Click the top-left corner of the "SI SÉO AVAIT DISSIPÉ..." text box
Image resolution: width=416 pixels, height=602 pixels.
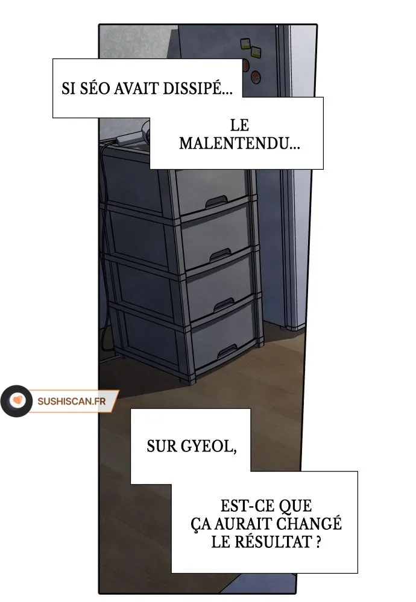point(52,59)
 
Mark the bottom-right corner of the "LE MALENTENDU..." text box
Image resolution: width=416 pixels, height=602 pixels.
point(323,169)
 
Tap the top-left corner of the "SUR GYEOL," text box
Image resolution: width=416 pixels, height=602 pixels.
point(131,409)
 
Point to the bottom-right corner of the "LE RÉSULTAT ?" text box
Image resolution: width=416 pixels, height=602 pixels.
point(358,573)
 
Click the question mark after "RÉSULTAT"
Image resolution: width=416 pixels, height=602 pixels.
point(318,542)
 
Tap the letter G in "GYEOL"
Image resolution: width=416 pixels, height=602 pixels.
point(186,446)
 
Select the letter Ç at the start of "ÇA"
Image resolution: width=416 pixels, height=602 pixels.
point(197,524)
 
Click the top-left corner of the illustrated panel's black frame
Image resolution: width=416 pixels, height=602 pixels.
point(99,24)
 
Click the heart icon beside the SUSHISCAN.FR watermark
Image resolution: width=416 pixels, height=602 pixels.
point(17,401)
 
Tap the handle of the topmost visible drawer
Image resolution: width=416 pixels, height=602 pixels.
point(216,202)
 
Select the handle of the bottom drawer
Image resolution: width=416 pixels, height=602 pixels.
point(227,350)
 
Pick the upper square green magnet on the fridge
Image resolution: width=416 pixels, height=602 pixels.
point(245,43)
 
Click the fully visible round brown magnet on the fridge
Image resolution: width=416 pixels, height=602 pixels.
point(256,77)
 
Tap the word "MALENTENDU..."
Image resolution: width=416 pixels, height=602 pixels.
point(239,144)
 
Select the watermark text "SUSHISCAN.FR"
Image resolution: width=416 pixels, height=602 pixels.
point(72,401)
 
